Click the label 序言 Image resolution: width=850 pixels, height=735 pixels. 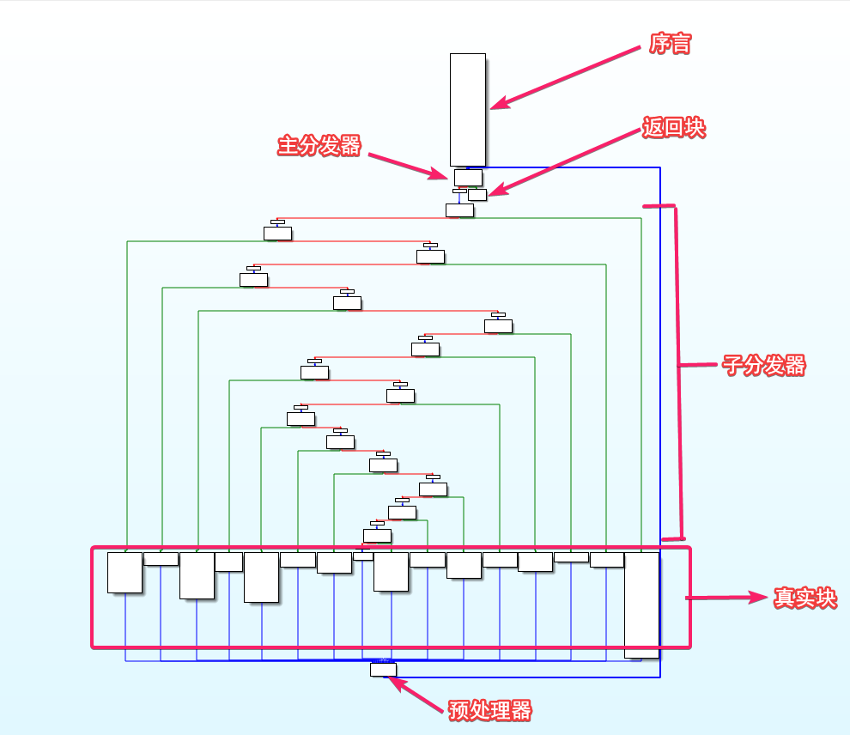pos(670,45)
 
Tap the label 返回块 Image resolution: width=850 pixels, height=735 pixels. pos(674,128)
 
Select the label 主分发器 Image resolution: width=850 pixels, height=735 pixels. pos(319,145)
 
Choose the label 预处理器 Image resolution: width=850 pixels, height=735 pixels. pos(490,711)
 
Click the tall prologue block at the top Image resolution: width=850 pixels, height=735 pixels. pos(468,109)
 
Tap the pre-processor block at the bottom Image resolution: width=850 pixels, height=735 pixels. pos(383,669)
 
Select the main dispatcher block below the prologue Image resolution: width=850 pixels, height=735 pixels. pos(468,176)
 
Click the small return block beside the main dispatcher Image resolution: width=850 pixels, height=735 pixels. pos(477,194)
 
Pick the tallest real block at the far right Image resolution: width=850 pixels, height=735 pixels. pos(641,604)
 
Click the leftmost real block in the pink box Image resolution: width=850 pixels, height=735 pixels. pos(124,572)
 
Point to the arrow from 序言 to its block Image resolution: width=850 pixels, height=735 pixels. pos(567,76)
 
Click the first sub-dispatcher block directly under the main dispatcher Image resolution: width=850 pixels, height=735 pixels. pos(459,210)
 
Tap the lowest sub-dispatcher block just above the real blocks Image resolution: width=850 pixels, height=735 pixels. pos(377,536)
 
